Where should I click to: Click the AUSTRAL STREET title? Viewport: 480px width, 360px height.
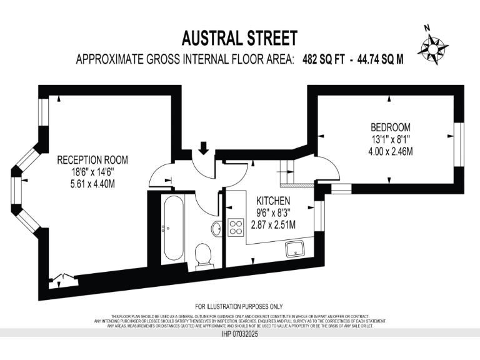239,39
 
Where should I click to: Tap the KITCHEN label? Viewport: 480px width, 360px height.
273,201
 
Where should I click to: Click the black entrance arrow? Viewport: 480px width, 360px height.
202,148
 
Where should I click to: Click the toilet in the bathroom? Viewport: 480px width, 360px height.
203,256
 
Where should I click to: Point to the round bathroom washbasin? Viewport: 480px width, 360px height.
216,229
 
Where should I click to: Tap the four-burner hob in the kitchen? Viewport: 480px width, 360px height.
236,227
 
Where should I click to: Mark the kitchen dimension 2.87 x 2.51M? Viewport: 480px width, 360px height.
273,225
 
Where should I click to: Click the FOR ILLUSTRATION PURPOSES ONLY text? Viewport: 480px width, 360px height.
239,306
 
